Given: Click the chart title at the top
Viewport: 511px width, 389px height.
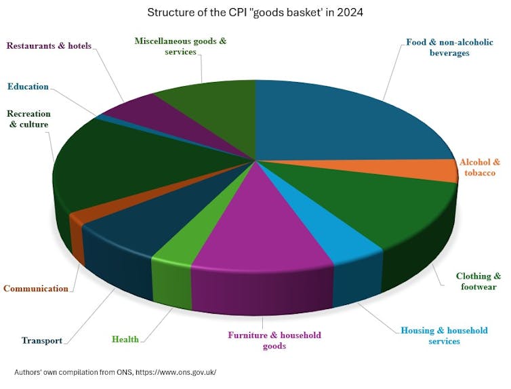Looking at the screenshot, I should [x=255, y=13].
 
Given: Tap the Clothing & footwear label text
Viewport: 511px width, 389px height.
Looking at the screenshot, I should [x=478, y=281].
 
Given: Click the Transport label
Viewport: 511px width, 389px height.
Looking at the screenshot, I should [x=42, y=341].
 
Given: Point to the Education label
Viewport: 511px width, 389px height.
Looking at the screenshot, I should [x=28, y=87].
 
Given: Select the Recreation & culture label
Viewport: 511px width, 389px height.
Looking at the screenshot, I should [x=28, y=119].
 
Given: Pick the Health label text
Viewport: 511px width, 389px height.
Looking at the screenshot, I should [x=126, y=340].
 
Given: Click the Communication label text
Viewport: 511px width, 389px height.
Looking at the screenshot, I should [x=36, y=289].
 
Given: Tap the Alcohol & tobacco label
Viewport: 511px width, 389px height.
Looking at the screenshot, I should [x=479, y=167].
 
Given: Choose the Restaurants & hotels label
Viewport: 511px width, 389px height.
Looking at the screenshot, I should [x=49, y=46].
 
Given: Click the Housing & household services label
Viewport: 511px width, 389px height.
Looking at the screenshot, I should [x=444, y=335].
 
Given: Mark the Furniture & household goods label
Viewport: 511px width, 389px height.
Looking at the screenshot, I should [x=274, y=340].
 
